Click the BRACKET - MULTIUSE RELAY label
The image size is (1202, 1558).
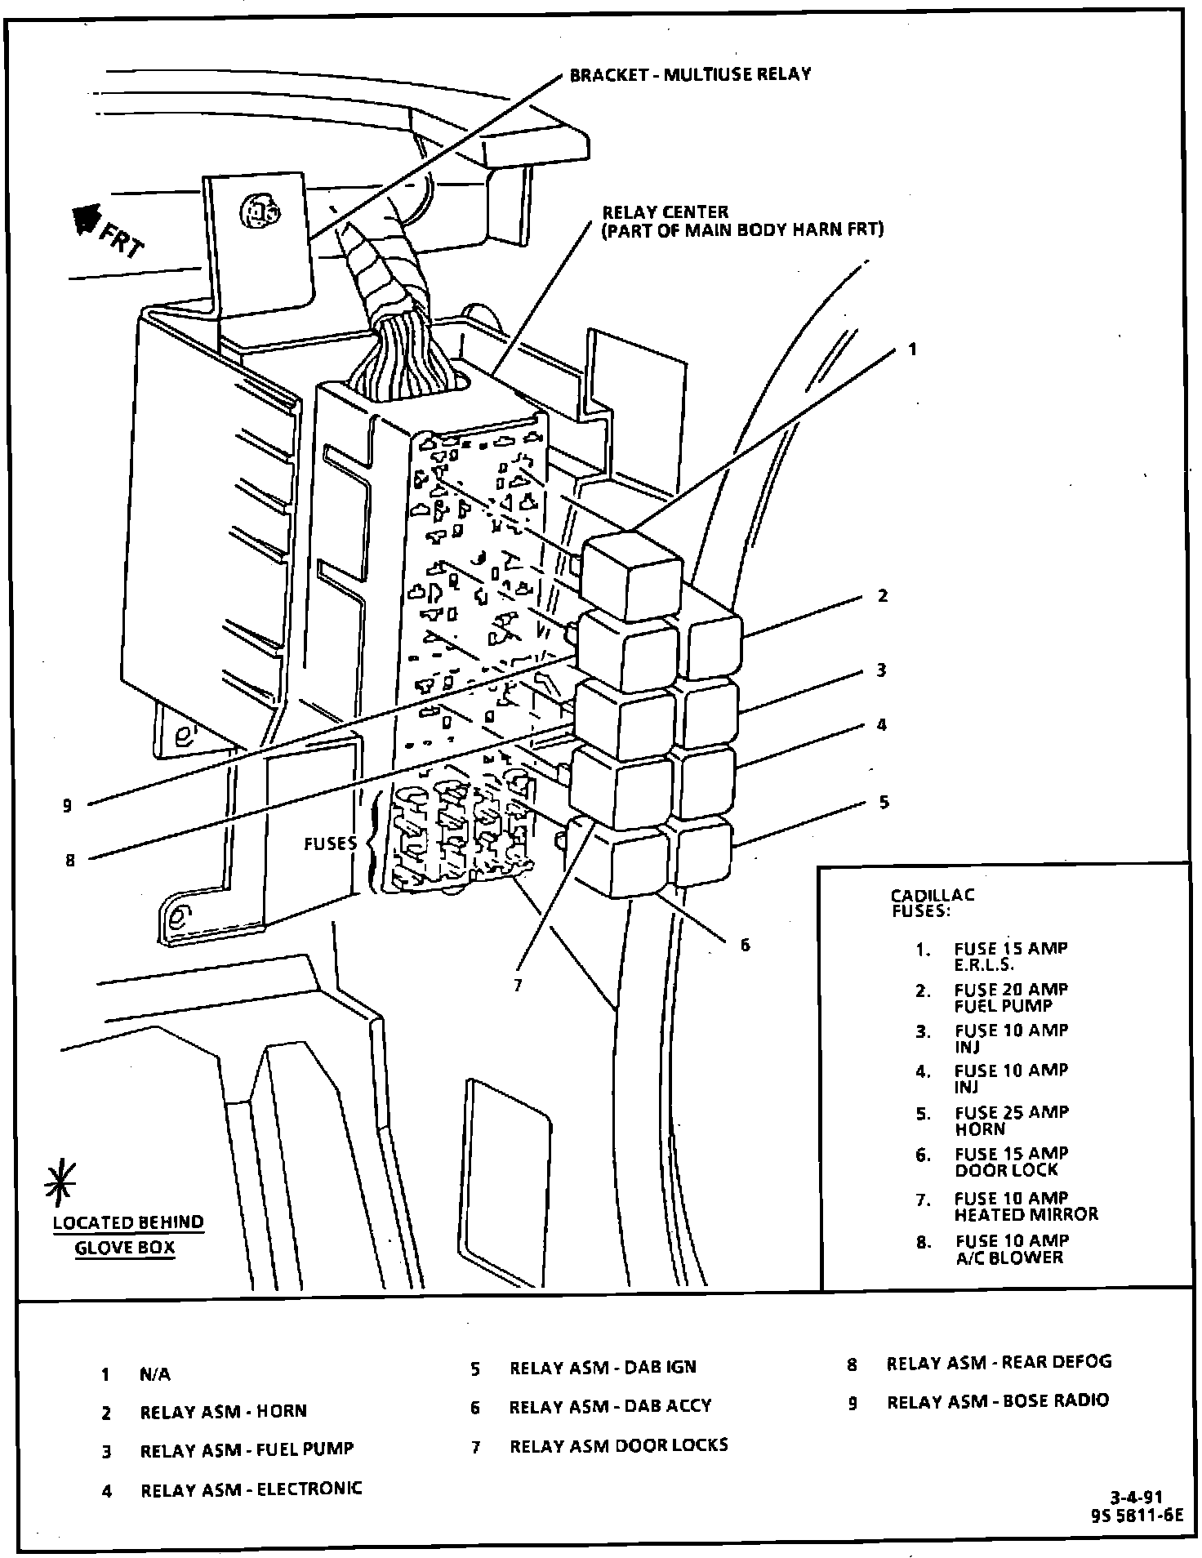click(x=690, y=74)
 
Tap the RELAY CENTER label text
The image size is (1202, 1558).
click(x=664, y=212)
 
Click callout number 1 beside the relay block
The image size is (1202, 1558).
click(x=912, y=349)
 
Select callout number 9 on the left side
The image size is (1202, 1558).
click(x=67, y=806)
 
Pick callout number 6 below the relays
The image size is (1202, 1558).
click(x=745, y=945)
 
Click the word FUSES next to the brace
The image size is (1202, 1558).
click(x=331, y=844)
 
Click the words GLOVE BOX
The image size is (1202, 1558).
click(x=125, y=1248)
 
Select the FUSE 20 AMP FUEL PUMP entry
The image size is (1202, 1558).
click(x=1011, y=997)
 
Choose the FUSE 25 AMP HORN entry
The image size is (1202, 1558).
click(x=1011, y=1120)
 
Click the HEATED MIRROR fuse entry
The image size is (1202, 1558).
click(x=1026, y=1214)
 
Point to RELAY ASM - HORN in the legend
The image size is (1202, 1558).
click(x=223, y=1411)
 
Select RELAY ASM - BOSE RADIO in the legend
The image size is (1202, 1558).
click(x=998, y=1400)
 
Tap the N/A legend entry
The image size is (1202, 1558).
click(x=155, y=1374)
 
